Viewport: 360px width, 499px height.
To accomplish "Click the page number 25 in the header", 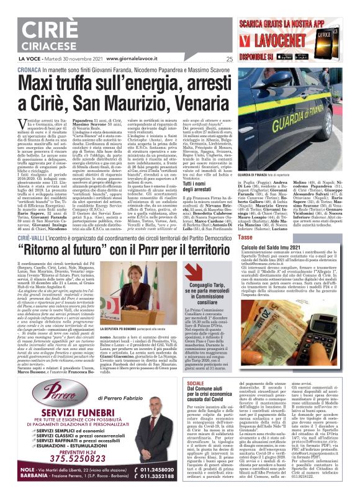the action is coord(230,60).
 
